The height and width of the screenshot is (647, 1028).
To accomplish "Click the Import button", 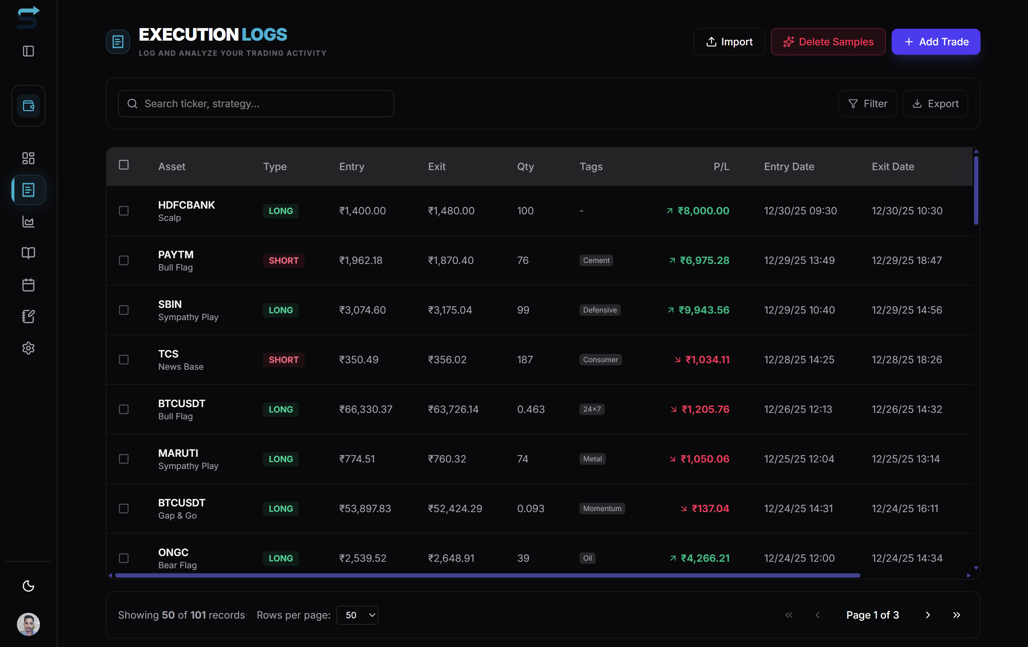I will (729, 42).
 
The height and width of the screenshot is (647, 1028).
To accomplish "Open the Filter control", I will (868, 104).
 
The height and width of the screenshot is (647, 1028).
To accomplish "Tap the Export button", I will (935, 104).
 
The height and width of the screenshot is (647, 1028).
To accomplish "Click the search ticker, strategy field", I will (256, 104).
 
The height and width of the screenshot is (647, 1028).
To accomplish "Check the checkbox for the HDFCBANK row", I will (124, 211).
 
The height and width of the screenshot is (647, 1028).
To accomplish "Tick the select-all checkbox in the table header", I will (124, 165).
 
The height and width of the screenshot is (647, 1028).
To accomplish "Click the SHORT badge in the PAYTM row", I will (283, 260).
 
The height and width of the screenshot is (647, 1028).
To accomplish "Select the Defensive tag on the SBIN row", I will (600, 310).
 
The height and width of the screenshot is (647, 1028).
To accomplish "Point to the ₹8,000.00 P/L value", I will (703, 211).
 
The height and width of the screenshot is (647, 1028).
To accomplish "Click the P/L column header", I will (721, 167).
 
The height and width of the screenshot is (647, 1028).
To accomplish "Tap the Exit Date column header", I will (893, 167).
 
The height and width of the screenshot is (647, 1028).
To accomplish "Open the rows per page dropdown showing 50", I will (357, 615).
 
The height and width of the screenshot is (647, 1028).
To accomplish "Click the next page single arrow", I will (928, 615).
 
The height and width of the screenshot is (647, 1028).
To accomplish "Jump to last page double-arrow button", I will (957, 615).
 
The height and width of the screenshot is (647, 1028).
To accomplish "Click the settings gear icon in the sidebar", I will (28, 348).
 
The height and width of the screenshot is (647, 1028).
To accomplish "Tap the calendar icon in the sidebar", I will (28, 285).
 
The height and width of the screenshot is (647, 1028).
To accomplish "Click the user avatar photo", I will (28, 624).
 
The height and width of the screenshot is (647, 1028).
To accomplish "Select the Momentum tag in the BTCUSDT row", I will (602, 508).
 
